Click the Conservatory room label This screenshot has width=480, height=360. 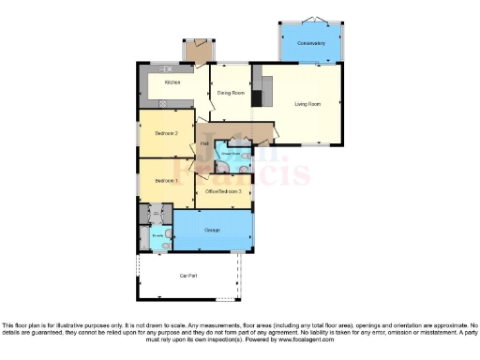(x=310, y=44)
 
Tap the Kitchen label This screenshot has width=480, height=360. (x=172, y=82)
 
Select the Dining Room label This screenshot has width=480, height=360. (x=231, y=93)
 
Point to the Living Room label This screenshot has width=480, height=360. (x=307, y=104)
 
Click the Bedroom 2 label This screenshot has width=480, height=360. (x=166, y=134)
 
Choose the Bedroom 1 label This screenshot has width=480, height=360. (x=166, y=180)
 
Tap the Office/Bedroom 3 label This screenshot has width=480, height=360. (x=224, y=191)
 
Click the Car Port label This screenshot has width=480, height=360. (x=188, y=276)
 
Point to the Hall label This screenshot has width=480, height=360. (x=203, y=143)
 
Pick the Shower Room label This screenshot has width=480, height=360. (x=231, y=153)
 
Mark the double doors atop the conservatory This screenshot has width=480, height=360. (x=310, y=19)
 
